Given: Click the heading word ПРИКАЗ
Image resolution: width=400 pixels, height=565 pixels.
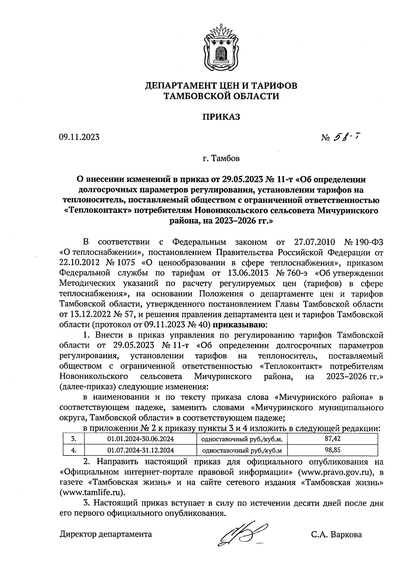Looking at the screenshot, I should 221,117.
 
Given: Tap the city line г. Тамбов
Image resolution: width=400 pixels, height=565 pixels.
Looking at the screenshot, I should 221,158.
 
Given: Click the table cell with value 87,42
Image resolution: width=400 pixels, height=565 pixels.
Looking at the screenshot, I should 332,439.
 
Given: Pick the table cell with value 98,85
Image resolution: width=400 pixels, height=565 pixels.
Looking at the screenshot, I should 332,450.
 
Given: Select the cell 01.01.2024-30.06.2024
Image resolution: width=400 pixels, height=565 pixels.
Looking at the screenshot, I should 140,439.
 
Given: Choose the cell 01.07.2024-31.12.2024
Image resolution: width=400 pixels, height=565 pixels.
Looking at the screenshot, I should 140,450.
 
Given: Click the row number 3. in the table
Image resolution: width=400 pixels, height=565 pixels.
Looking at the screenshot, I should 74,439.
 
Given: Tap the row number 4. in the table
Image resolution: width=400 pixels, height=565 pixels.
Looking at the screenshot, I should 74,450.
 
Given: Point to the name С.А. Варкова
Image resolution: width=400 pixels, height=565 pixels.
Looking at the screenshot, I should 336,535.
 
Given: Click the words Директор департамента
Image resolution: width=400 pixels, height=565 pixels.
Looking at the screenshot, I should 106,535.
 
